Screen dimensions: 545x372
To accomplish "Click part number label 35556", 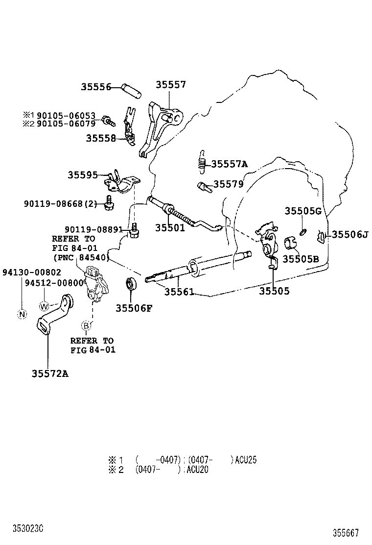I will point(96,87).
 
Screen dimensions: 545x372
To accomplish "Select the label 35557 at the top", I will point(171,84).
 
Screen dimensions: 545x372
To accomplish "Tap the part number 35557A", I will point(229,164).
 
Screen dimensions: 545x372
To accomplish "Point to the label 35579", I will point(228,184).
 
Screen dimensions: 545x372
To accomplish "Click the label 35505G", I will point(303,211).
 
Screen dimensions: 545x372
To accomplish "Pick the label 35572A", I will point(50,373).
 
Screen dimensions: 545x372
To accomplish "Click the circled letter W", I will point(44,306).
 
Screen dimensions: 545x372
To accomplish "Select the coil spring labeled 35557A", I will point(201,162).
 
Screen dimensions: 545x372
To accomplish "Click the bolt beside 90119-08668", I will point(108,203).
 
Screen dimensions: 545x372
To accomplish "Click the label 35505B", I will point(301,258).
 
